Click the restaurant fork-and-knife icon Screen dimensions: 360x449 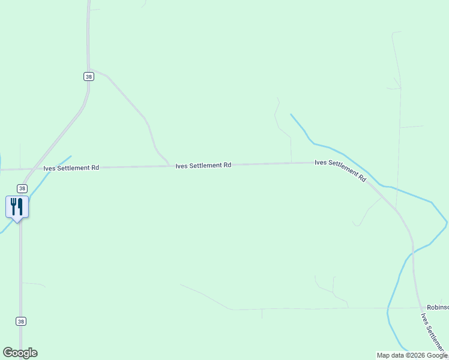coord(17,207)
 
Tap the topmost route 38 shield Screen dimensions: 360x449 coord(89,76)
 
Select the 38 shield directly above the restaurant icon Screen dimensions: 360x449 coord(22,188)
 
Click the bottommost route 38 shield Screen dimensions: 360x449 coord(22,322)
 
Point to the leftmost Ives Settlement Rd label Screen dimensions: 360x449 coord(71,168)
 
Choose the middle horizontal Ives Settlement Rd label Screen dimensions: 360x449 coord(203,165)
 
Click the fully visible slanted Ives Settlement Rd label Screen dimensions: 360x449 coord(340,170)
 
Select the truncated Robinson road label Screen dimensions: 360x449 coord(438,307)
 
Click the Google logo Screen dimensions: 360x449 coord(20,353)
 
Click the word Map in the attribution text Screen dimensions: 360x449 coord(384,355)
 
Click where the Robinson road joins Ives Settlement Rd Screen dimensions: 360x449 coord(419,307)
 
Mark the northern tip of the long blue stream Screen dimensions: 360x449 coord(291,115)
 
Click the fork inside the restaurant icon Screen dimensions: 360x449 coord(13,206)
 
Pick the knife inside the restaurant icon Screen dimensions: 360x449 coord(20,206)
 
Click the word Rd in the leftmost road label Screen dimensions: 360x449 coord(95,168)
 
